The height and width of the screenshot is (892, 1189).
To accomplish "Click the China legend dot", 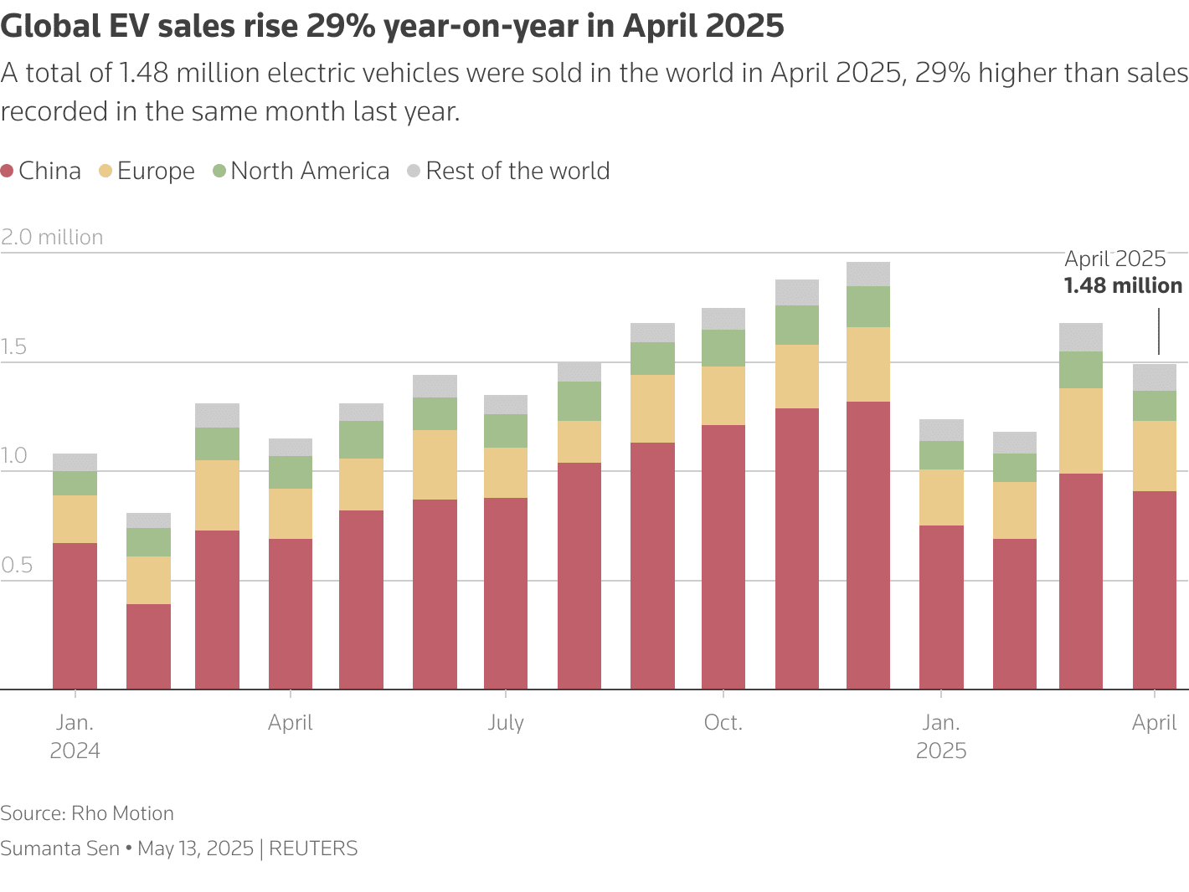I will pos(8,172).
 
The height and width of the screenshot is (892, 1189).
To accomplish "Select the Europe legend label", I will pos(156,172).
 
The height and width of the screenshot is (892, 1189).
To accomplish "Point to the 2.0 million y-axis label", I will pos(52,238).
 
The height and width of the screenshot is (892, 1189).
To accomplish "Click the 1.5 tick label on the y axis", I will pos(14,347).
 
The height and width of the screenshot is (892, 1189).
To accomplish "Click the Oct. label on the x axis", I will pos(723,723).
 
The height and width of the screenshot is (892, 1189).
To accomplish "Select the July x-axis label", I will pos(506,723).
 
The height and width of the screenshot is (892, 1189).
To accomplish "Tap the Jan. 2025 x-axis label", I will pos(941,736).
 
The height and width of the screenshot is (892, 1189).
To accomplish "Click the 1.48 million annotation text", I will pos(1123,286).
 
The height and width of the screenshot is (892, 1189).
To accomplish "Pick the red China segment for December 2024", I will pos(868,544).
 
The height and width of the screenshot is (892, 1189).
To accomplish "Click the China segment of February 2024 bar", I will pos(148,646).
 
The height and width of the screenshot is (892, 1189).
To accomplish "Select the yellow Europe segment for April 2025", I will pos(1155,456).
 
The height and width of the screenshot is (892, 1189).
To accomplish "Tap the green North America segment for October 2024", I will pos(723,348).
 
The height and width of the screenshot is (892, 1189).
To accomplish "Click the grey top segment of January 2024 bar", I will pos(75,462).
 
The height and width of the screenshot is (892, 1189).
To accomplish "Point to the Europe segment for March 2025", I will pos(1081,431).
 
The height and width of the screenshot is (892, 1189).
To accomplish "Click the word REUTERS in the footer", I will pos(313,848).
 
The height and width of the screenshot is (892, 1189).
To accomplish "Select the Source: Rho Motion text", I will pos(87,813).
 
